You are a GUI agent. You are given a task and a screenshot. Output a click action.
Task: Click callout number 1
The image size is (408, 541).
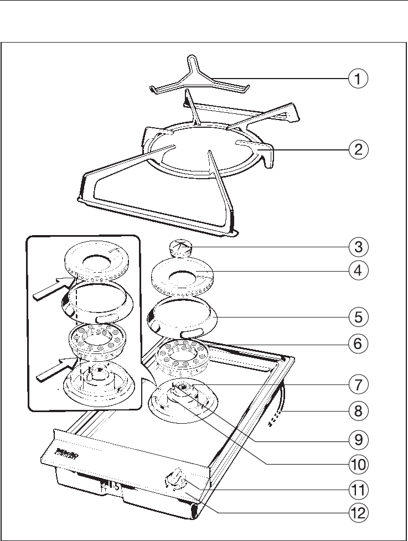click(359, 78)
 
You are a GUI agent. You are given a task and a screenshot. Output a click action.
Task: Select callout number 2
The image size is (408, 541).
click(359, 149)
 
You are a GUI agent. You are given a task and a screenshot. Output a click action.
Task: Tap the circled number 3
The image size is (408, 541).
click(359, 246)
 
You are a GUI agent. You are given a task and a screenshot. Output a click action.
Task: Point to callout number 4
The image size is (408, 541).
click(359, 271)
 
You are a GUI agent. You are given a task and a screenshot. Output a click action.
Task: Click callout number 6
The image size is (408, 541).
click(359, 344)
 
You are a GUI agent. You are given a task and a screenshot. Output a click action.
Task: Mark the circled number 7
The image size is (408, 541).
click(359, 384)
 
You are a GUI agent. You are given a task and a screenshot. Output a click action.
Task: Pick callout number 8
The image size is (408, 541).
click(359, 411)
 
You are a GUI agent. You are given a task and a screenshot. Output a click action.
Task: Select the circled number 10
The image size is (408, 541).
click(359, 463)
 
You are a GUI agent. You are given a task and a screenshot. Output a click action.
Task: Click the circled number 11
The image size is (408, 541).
click(359, 489)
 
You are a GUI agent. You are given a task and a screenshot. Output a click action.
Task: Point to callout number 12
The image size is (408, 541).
click(359, 513)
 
